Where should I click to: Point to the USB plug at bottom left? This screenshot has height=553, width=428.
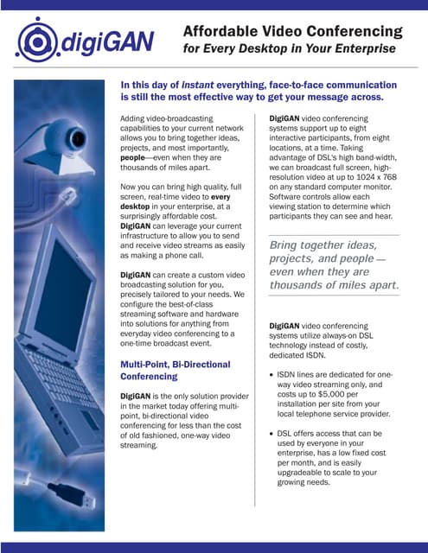(64, 497)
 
